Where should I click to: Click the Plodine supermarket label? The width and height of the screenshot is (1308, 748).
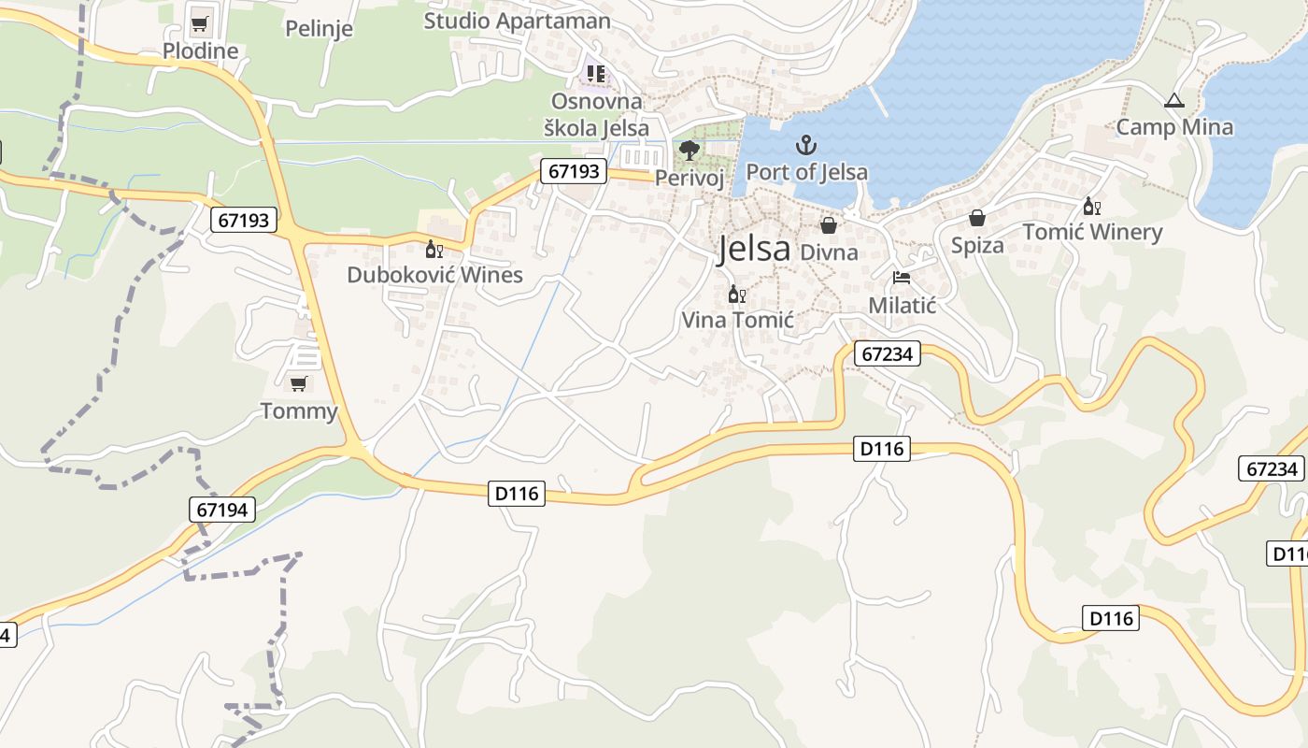(200, 50)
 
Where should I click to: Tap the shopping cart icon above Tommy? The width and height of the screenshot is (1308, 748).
(298, 383)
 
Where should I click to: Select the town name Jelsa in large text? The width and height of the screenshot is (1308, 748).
(754, 249)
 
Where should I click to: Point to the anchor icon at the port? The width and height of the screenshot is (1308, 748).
(805, 145)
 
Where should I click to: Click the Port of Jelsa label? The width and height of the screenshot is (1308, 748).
(806, 172)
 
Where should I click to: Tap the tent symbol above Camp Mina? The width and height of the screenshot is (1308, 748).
(1174, 101)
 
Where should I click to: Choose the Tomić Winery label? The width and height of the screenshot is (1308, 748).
(1092, 232)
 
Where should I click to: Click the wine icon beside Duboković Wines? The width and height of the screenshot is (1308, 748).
(434, 249)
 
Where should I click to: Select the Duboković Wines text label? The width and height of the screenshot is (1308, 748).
(434, 275)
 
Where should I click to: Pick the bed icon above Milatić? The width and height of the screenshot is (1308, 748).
(902, 278)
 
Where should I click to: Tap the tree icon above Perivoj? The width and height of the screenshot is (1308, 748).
(690, 150)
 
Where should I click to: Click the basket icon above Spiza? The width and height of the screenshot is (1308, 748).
(976, 218)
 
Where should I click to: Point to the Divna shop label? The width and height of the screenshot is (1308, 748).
(829, 252)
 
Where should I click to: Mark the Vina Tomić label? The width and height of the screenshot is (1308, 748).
(737, 320)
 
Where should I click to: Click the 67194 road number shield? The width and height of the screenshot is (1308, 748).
(223, 509)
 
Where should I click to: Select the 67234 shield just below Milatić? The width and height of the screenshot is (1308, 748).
(888, 354)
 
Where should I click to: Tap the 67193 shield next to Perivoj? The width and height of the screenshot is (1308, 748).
(573, 171)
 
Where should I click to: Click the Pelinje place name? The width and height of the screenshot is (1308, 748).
(319, 28)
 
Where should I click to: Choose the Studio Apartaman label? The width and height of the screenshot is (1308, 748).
(517, 21)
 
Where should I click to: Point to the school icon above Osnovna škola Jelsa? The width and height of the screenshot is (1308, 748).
(595, 73)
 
